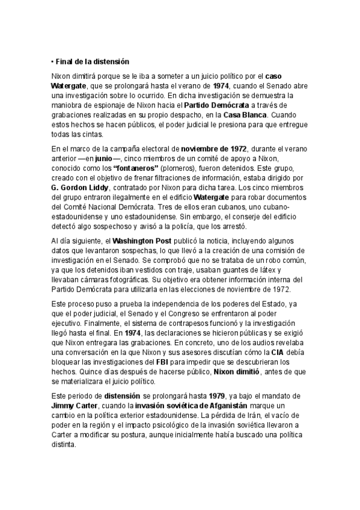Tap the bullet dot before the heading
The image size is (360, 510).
point(53,61)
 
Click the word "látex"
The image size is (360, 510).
point(264,269)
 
